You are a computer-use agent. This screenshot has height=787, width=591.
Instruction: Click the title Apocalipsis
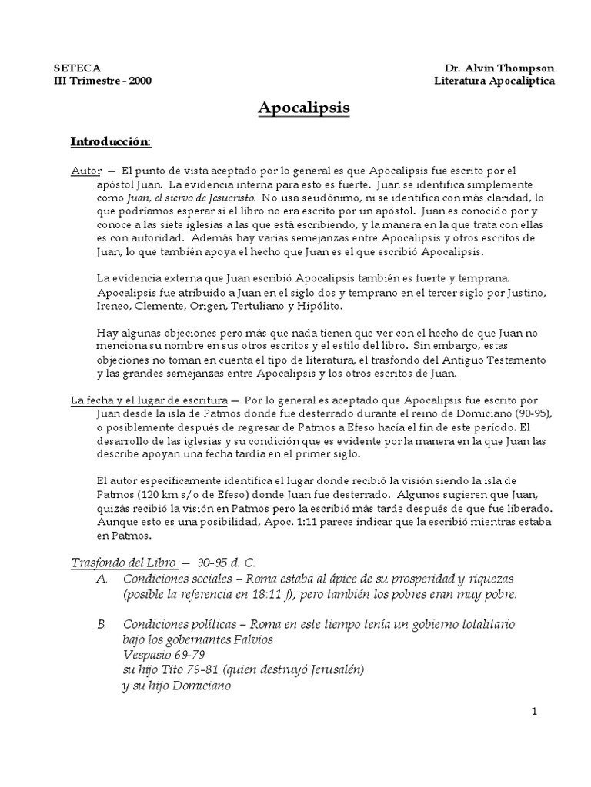coord(303,108)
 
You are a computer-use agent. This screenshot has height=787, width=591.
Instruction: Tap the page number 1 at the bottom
coord(533,712)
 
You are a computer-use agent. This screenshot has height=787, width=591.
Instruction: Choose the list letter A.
coord(102,578)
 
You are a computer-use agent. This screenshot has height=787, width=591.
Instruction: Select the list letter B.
coord(102,623)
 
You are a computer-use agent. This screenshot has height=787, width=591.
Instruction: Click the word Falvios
coord(248,639)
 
